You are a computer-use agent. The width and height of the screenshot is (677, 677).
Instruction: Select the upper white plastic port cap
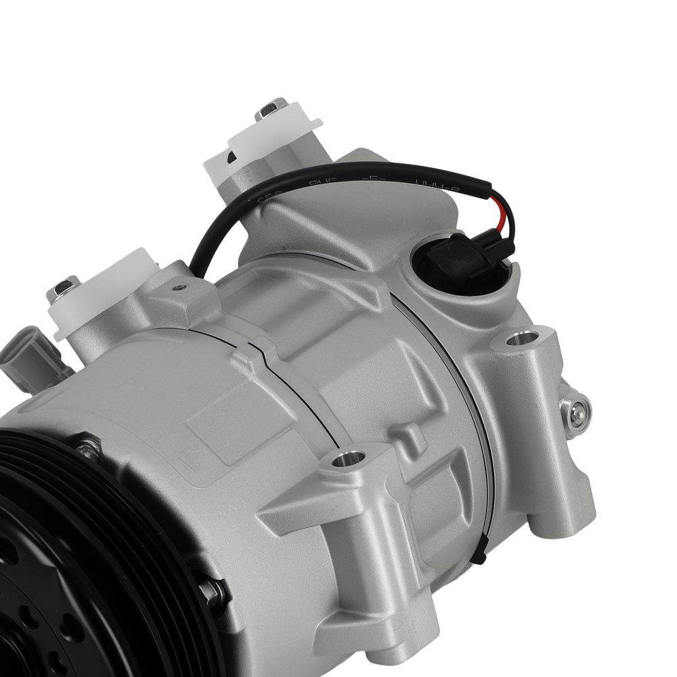tap(267, 146)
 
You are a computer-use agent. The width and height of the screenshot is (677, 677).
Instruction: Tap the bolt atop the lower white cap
tap(63, 288)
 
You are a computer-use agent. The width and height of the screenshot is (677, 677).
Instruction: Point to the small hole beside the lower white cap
tap(179, 288)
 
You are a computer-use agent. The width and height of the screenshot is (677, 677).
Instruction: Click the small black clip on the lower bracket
tap(480, 555)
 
